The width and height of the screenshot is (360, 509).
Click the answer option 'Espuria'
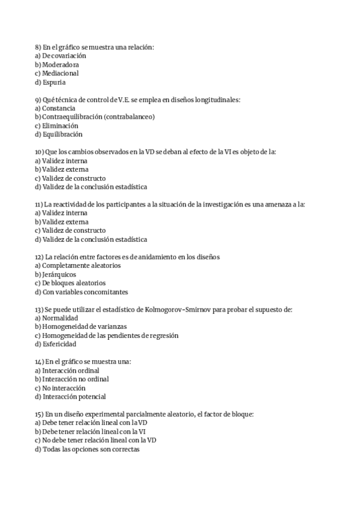54,82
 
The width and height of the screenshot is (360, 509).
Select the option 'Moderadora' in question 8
61,64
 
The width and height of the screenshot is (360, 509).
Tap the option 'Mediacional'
61,73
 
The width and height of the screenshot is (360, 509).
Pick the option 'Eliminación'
60,126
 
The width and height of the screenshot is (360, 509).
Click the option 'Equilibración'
62,134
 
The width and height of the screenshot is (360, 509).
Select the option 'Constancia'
59,108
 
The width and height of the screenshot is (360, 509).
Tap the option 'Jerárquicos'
59,274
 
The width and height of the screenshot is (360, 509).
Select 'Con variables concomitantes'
85,292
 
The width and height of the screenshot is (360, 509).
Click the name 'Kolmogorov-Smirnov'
175,309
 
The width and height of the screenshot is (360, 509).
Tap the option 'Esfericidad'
59,345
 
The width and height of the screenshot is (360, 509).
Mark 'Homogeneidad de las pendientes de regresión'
110,336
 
